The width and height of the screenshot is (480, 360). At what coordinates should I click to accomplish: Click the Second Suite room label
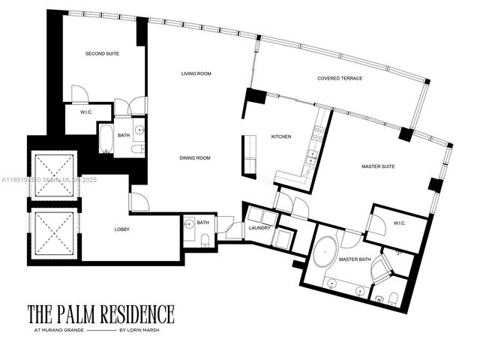pos(102,54)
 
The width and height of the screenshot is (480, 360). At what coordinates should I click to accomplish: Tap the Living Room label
pos(198,73)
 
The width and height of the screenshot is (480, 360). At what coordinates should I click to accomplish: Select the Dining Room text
pos(194,158)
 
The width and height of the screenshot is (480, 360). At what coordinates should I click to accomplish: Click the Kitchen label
pos(281,136)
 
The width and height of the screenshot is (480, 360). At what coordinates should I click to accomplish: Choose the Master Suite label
pos(378,166)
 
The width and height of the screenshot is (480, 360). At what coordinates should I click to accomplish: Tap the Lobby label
pos(124,229)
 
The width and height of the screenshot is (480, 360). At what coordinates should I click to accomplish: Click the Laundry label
pos(259,227)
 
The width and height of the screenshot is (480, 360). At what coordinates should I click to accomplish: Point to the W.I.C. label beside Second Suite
pos(76,112)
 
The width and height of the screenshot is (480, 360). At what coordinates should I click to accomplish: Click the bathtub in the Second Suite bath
pos(106,140)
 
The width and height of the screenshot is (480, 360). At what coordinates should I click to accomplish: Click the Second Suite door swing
pos(80,95)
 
